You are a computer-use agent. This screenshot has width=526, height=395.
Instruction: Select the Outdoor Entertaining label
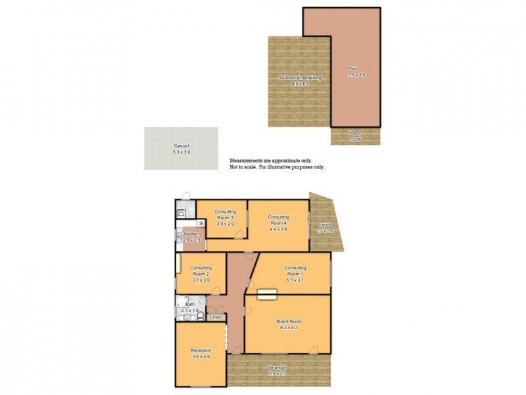pos(300,78)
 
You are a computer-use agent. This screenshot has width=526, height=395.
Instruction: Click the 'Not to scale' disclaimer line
pos(277,167)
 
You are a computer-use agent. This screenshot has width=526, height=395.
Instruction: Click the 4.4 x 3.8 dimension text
pos(279,229)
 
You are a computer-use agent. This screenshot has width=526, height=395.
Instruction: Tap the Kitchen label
pos(191,234)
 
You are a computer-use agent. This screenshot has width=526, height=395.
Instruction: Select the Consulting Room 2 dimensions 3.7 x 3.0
pos(201,280)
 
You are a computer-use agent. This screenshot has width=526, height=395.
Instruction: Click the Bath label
pos(189,304)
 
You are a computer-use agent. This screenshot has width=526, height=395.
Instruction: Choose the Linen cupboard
pos(215,318)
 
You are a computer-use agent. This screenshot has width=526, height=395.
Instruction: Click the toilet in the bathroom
pos(185,317)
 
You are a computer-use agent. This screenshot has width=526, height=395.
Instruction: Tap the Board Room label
pos(288,321)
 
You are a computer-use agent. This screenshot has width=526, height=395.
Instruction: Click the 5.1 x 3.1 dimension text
pos(295,279)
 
